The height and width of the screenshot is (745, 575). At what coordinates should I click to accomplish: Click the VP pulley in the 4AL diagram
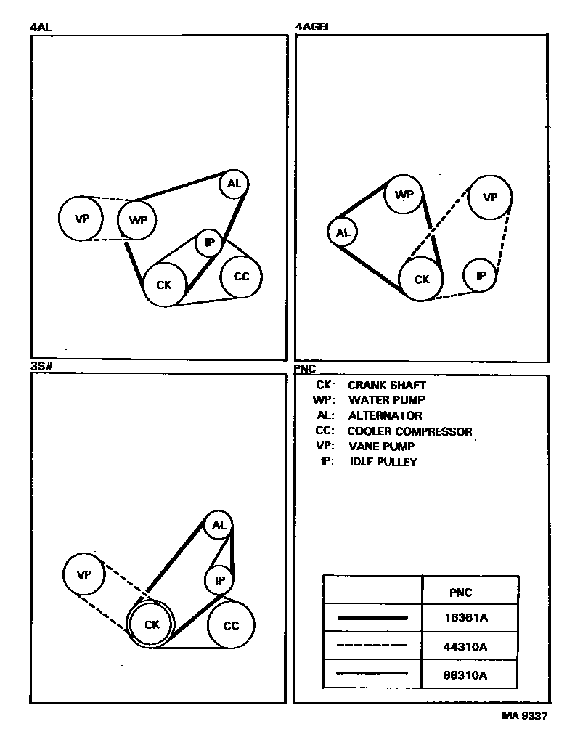(x=81, y=218)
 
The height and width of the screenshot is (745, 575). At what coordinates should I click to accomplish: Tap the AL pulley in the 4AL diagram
(x=234, y=184)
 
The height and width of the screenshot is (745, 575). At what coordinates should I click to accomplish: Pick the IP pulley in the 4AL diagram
(x=209, y=243)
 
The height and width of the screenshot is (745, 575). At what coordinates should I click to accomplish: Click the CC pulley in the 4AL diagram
(x=241, y=277)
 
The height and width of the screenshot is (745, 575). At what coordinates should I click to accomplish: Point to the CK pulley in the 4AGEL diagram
(x=422, y=280)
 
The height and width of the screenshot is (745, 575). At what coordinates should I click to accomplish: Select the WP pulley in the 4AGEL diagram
(x=404, y=195)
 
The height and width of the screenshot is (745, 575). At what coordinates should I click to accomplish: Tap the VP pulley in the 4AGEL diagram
(x=490, y=197)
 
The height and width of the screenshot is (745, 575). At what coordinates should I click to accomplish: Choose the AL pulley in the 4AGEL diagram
(x=343, y=233)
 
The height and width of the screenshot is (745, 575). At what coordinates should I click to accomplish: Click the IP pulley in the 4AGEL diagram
(x=481, y=276)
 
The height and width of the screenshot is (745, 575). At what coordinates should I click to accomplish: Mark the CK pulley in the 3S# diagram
(x=151, y=624)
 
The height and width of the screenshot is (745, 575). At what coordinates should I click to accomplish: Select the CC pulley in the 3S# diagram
(x=231, y=625)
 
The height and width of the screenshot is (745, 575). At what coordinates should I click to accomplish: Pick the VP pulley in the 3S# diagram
(x=85, y=574)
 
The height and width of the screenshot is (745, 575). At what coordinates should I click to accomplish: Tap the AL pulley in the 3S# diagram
(x=219, y=524)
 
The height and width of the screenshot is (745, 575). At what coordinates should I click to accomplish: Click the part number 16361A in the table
(x=465, y=618)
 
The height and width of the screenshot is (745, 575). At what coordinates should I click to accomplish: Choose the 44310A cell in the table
(x=465, y=646)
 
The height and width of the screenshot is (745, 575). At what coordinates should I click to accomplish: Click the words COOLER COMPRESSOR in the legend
(x=409, y=431)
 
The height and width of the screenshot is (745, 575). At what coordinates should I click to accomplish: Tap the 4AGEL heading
(x=313, y=28)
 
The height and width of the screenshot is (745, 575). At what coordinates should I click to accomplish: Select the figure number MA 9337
(x=524, y=715)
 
